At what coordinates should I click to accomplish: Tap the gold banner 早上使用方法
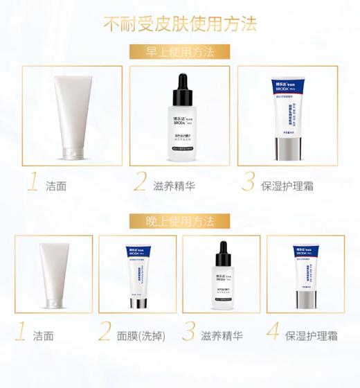point(180,52)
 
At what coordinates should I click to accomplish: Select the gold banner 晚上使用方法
point(180,221)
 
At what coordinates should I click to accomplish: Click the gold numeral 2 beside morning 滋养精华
point(141,183)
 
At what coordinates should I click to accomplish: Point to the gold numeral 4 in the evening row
point(273,333)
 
